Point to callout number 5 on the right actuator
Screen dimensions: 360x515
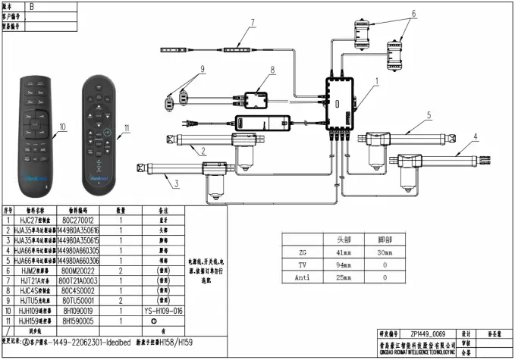tap(429, 115)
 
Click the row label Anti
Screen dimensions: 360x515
tap(302, 278)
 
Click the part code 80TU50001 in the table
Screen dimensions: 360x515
tap(85, 301)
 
